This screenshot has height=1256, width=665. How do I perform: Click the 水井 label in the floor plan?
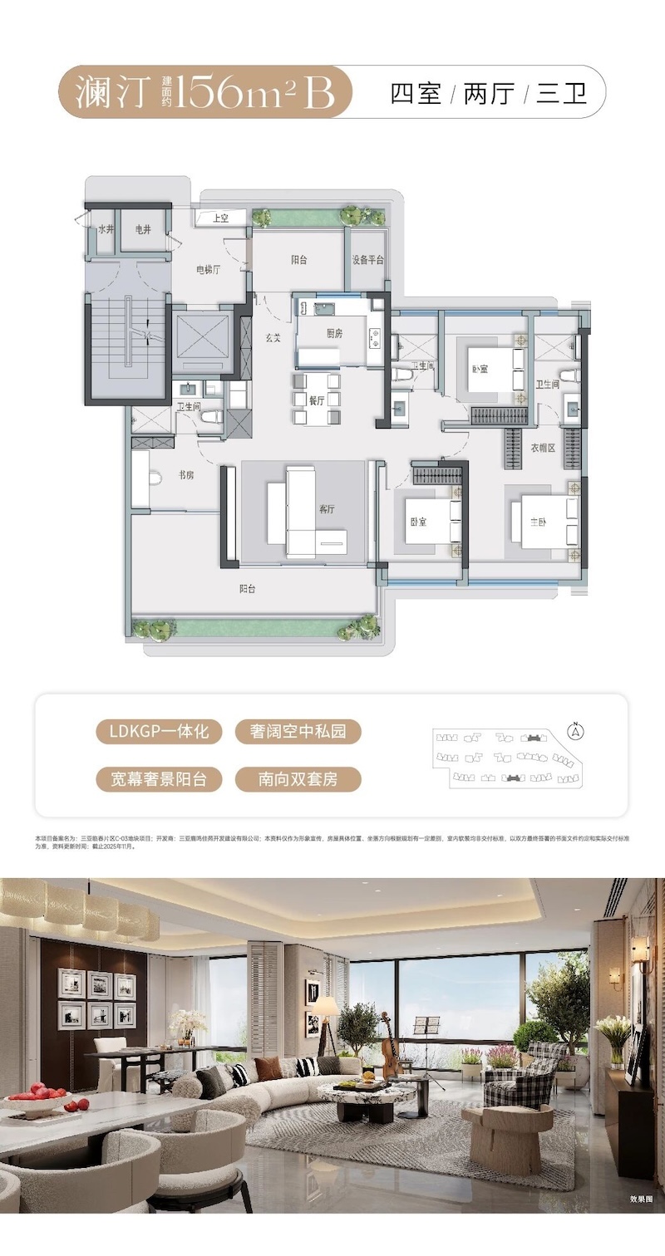click(106, 228)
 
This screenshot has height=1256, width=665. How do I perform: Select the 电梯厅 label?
click(207, 269)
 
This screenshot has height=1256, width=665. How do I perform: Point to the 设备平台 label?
click(367, 259)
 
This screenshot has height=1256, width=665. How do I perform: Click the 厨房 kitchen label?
click(336, 333)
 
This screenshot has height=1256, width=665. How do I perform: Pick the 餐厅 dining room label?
click(316, 400)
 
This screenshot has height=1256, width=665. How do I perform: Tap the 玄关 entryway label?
click(272, 338)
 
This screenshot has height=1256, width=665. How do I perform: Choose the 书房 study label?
click(185, 475)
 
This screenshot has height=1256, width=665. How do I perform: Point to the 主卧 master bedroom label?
click(541, 522)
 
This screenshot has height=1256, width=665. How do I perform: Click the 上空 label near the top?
click(221, 218)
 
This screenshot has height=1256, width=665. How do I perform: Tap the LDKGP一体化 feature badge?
click(158, 732)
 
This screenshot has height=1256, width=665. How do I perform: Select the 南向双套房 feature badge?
click(298, 778)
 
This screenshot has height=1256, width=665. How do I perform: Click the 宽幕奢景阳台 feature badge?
click(158, 778)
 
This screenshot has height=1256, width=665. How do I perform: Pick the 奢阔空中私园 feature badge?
click(298, 732)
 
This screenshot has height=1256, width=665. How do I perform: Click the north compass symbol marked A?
click(574, 731)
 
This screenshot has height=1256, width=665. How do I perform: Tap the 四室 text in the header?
click(416, 92)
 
